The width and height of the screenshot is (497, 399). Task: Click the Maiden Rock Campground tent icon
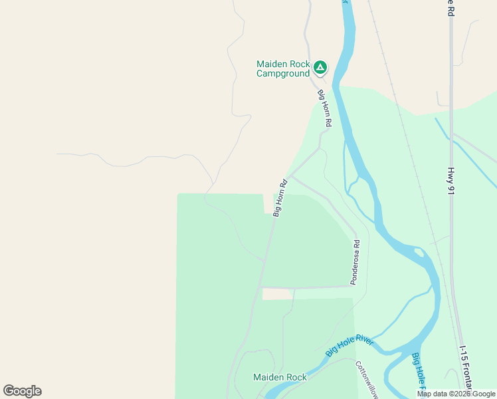point(320,66)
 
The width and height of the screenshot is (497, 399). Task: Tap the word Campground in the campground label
point(283,74)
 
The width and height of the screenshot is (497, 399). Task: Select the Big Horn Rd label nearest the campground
point(324,108)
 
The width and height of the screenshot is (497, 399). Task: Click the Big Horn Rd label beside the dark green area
point(280,198)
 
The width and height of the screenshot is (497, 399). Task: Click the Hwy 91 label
point(450,181)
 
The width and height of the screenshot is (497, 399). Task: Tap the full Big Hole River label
point(349,345)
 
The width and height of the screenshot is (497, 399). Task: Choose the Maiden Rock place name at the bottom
point(280,377)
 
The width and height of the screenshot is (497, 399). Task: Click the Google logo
point(22,391)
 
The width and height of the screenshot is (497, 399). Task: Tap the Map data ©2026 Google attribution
point(456,394)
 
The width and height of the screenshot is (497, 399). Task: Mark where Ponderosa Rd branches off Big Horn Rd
point(290,176)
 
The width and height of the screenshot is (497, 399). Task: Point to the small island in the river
point(419,252)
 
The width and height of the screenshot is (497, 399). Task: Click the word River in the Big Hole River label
point(363,341)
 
